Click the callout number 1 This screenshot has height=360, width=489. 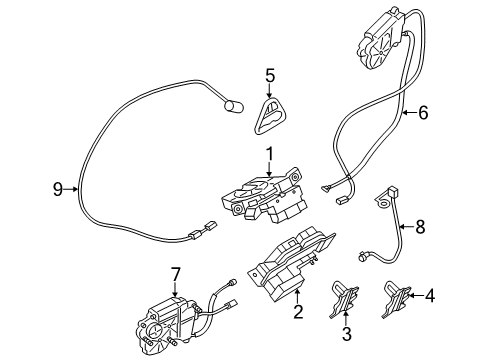[268, 153]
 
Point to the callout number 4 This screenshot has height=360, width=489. [431, 295]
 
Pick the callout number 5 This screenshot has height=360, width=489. [269, 74]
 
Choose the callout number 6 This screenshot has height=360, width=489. [423, 113]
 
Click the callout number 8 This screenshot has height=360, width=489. [420, 228]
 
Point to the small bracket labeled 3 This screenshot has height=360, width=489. [345, 297]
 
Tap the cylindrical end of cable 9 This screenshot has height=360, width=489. [234, 104]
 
